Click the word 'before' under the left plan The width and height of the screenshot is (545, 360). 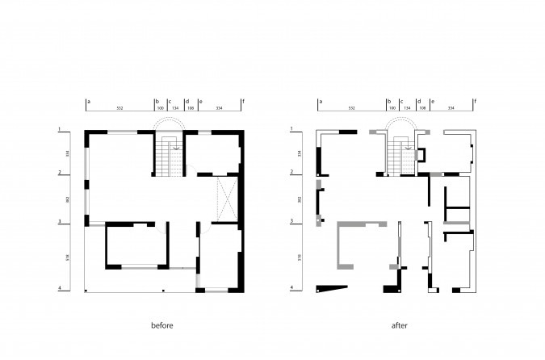click(162, 325)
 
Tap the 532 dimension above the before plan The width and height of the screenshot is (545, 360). click(119, 107)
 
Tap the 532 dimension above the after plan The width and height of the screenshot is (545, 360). click(352, 107)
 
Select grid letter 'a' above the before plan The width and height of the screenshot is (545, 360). click(88, 102)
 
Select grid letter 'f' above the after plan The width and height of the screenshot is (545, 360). click(476, 102)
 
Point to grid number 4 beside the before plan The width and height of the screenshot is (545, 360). click(59, 288)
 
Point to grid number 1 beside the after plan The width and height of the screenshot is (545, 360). click(291, 129)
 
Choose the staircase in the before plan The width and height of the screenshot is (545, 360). click(169, 157)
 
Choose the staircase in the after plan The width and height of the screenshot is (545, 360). click(401, 157)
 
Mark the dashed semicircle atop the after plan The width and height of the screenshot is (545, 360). click(401, 122)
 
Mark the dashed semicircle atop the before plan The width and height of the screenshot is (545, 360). click(170, 122)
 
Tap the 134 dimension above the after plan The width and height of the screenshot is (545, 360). click(408, 107)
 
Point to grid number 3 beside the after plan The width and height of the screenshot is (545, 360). click(291, 221)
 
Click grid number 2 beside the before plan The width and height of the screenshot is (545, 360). click(59, 172)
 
